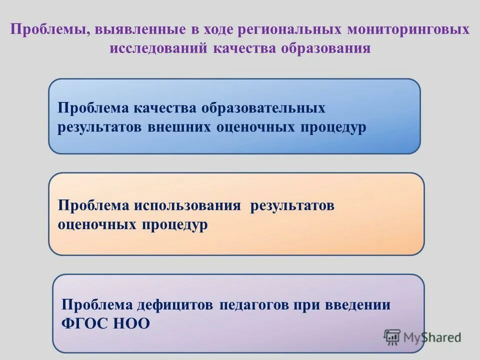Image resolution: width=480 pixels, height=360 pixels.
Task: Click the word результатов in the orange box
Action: [x=292, y=206]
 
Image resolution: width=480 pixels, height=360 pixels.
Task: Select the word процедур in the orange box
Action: [x=175, y=224]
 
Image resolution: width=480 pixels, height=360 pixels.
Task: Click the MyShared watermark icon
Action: [x=392, y=337]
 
